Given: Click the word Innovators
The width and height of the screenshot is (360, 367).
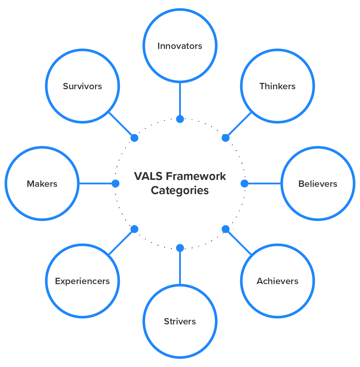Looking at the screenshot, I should pos(180,46).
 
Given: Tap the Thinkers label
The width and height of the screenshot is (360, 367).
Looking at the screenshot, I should pos(277,86).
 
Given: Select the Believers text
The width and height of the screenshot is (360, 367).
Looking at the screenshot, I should pos(318,184).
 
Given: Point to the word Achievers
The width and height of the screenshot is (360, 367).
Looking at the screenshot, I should pos(277,281).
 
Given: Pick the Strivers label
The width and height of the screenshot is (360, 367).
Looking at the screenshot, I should pos(180,321).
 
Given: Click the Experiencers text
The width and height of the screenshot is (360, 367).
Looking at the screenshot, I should pos(82,281).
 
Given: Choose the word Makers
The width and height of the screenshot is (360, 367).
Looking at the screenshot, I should pos(42,184).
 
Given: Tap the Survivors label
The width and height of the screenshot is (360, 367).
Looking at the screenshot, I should pos(82,86).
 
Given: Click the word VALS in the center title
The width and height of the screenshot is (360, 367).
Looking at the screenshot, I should pos(148,176).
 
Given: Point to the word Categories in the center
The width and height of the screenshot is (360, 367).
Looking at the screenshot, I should pos(180,191).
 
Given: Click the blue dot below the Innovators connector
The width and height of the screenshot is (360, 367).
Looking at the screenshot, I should pos(180,119).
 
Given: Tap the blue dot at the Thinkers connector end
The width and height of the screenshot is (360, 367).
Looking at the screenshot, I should pos(226,138).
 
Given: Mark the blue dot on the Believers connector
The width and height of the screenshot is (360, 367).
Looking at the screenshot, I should pos(245,183).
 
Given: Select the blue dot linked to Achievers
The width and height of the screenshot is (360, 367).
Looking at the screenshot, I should pos(226,229).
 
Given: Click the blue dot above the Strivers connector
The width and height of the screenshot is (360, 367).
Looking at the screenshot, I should pos(180,248).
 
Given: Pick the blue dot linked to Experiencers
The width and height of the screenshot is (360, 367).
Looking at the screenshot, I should pos(134,229).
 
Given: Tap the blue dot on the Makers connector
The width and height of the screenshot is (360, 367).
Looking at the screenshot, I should pos(115,183).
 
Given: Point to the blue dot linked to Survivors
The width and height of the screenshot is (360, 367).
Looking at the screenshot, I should pos(134,138).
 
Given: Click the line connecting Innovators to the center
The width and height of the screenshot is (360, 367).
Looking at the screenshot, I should pos(180,99).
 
